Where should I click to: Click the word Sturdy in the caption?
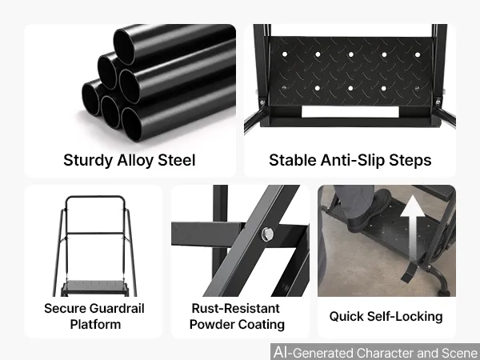click(x=88, y=161)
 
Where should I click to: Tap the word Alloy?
click(x=134, y=160)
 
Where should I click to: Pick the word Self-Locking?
click(x=405, y=316)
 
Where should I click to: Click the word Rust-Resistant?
click(x=235, y=308)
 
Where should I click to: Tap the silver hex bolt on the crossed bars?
click(x=267, y=234)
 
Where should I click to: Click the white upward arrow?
click(x=413, y=228)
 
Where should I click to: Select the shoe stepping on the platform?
click(x=369, y=211)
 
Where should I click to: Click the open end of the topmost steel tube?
click(x=124, y=47)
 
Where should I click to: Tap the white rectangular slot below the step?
click(x=350, y=112)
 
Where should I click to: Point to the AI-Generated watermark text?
click(x=375, y=352)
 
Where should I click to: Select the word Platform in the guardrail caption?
click(x=95, y=325)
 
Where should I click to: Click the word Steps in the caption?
click(x=410, y=160)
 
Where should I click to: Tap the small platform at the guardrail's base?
click(x=94, y=288)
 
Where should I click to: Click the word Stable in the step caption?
click(x=293, y=160)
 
